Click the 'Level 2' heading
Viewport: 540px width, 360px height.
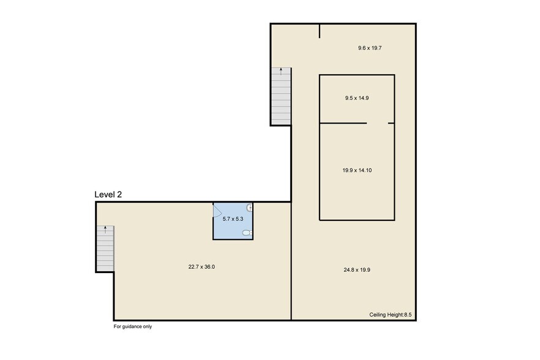point(108,195)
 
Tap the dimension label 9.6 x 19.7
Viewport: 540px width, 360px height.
point(370,48)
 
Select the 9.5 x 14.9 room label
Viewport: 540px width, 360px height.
point(356,97)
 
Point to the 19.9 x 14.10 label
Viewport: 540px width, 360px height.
point(357,170)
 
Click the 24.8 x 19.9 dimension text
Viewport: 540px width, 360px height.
point(357,269)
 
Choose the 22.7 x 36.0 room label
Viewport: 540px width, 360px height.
point(201,266)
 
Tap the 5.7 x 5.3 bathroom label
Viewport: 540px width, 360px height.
point(233,219)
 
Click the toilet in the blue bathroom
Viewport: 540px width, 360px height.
point(246,233)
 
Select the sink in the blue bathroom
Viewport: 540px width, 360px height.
point(250,208)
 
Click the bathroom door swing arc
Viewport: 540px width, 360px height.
point(217,211)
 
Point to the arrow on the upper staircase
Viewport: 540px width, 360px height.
point(281,70)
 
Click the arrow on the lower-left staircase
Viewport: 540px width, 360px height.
point(105,230)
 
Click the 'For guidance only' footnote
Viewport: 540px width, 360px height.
point(133,326)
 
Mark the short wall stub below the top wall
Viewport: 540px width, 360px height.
point(320,31)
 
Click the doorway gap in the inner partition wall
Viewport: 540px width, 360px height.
point(377,123)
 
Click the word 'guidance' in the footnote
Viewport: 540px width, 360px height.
point(133,326)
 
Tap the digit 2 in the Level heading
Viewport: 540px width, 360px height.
point(119,195)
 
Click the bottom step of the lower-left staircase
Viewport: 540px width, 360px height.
point(105,268)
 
